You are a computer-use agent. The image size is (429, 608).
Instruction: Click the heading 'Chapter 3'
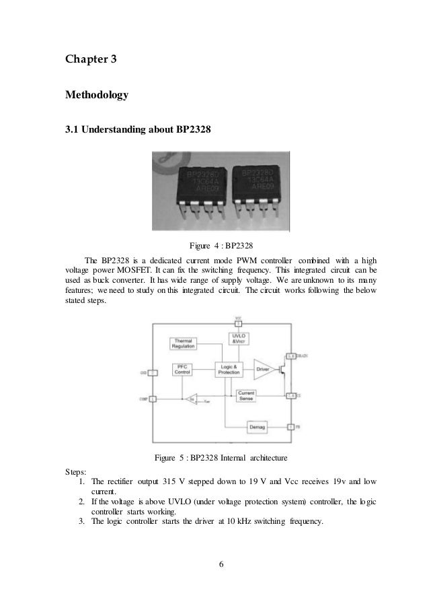[x=91, y=61]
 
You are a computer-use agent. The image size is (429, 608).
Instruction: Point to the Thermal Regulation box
[x=184, y=343]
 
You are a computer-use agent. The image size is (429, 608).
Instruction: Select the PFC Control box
[x=183, y=369]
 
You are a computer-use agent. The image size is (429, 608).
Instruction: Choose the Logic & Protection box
[x=229, y=369]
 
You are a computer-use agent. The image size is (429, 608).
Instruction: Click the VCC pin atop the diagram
[x=237, y=322]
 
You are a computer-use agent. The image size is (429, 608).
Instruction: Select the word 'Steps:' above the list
[x=76, y=472]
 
